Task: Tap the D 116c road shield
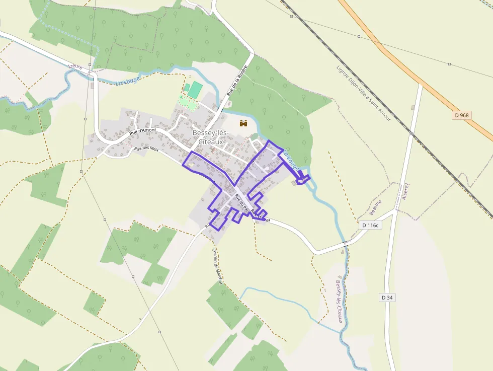370,225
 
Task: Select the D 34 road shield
387,298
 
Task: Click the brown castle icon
244,123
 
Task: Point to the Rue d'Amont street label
143,131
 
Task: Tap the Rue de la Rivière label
237,81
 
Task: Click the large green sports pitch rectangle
195,90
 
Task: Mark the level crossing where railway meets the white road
412,134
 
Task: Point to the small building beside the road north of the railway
413,107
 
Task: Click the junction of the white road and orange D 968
421,83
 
